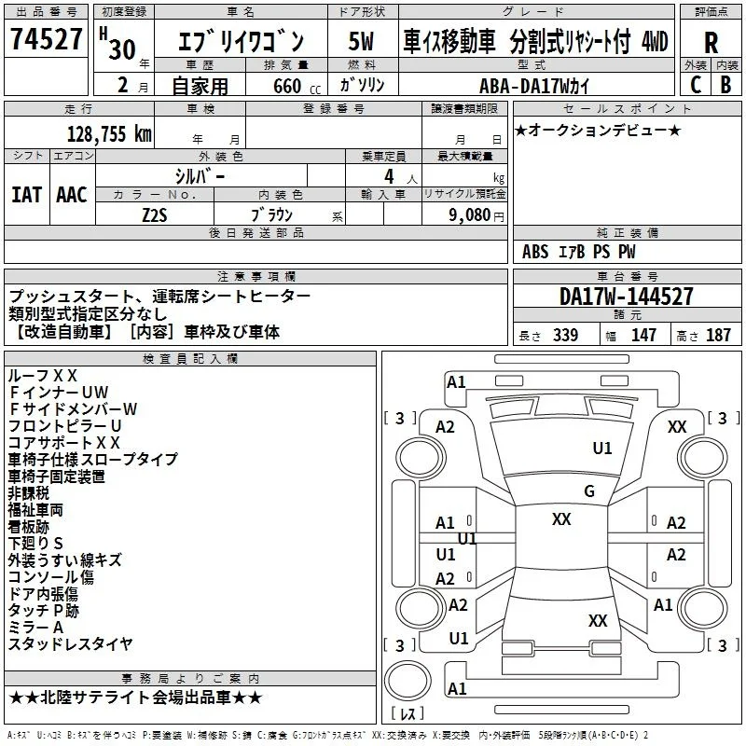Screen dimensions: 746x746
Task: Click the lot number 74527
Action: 46,39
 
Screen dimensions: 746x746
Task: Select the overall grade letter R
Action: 711,42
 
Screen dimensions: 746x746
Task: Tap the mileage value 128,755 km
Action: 109,134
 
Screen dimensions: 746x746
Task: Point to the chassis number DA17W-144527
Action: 626,297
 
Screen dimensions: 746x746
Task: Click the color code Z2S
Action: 155,215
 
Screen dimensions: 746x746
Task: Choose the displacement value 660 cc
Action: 297,86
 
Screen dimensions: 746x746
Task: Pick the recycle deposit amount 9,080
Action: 470,214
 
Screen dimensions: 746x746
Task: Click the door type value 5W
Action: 361,41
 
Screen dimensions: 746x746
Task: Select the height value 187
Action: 718,335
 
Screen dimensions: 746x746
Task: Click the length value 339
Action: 566,335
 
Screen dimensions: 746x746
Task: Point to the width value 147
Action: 643,335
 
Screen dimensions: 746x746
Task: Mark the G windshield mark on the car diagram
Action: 589,491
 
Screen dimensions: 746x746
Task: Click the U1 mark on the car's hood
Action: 602,448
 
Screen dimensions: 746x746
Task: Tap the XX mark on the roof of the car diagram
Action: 561,519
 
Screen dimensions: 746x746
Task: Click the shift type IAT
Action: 26,195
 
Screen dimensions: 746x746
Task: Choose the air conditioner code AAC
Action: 72,195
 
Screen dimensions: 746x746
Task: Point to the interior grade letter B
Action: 725,85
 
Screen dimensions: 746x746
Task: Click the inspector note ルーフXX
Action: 42,376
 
